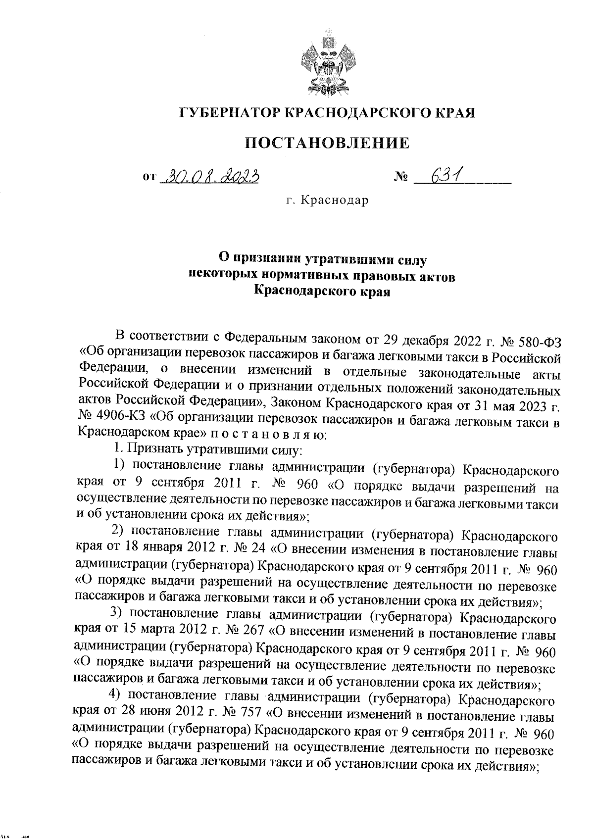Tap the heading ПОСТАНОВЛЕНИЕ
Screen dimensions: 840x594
328,144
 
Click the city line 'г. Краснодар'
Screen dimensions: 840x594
327,201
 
